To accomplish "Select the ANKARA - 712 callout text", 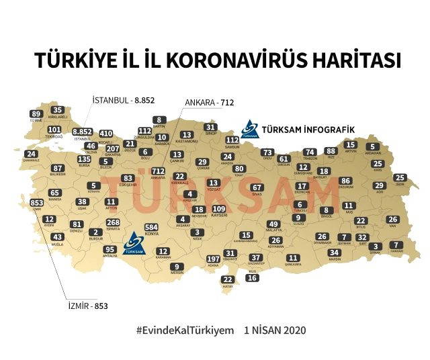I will click(x=209, y=103).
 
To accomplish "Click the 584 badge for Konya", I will click(x=152, y=228).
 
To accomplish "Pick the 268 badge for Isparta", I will click(x=113, y=222).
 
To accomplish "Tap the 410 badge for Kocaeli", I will click(x=106, y=134).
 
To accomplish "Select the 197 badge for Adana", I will click(x=214, y=259).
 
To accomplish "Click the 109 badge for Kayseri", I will click(x=219, y=210).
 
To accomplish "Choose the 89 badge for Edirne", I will click(x=36, y=114).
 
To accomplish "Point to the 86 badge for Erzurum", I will click(x=345, y=181).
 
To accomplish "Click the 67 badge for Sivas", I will click(x=256, y=188).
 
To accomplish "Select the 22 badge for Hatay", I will click(x=228, y=279).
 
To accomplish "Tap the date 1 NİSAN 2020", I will click(x=275, y=331).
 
